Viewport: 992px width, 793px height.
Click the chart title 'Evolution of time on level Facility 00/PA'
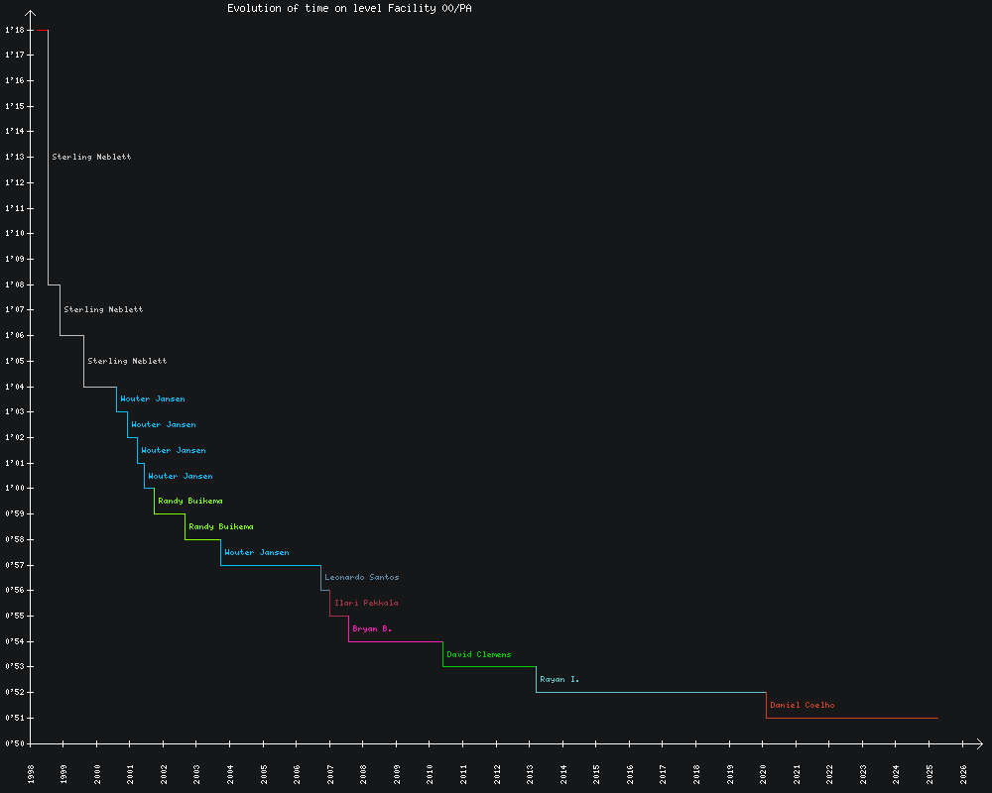349,9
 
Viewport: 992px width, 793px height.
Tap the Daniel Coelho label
802,706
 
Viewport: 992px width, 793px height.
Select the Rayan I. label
559,680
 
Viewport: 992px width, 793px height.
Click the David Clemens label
478,654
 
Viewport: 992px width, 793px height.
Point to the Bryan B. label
372,628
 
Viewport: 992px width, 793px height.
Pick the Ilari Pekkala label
366,603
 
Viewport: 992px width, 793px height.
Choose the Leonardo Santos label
362,577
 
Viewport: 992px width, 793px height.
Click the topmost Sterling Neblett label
91,157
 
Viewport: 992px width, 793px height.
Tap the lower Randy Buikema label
220,526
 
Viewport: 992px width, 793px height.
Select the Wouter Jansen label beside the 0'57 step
257,552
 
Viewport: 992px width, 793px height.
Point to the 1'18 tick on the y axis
14,30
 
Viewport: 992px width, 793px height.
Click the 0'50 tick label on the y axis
14,743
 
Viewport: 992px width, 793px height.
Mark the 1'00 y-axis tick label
14,488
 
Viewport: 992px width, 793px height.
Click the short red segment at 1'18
41,30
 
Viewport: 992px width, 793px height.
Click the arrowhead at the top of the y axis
32,14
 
